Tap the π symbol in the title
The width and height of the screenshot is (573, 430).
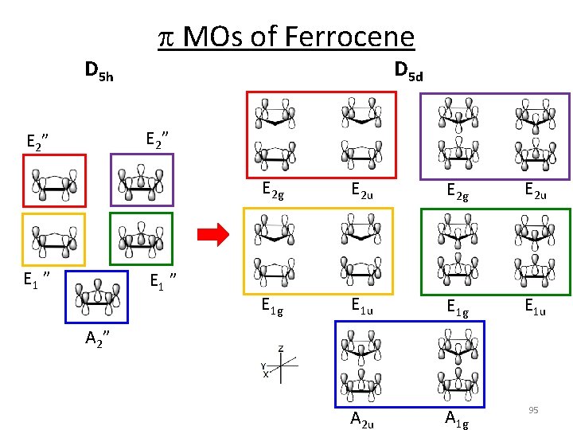point(166,37)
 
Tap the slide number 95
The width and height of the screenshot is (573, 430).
point(533,409)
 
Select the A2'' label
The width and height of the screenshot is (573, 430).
point(97,339)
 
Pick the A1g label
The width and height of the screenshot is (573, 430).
point(456,420)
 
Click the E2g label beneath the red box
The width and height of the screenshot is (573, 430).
point(274,190)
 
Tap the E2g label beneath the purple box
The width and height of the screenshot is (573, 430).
point(458,190)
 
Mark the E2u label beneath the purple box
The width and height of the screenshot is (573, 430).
point(534,190)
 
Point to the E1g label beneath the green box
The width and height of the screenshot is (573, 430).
point(458,305)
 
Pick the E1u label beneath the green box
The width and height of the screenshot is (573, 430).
point(534,305)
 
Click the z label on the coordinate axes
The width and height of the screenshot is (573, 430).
point(281,348)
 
